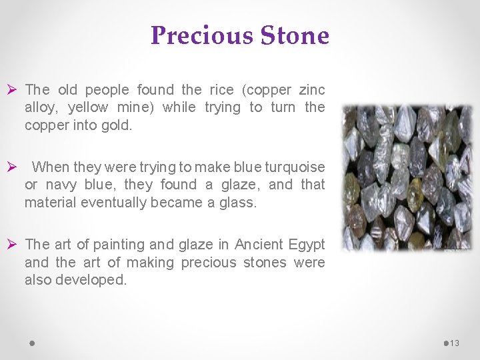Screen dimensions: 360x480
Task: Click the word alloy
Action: pyautogui.click(x=40, y=107)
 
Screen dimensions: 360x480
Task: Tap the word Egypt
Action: pyautogui.click(x=307, y=245)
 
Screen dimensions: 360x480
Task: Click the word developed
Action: pyautogui.click(x=91, y=280)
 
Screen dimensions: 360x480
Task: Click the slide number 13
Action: pyautogui.click(x=455, y=343)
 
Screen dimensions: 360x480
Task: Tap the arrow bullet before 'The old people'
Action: pyautogui.click(x=12, y=90)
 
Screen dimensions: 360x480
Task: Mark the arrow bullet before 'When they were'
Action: pyautogui.click(x=12, y=167)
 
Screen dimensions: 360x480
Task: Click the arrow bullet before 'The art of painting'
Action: pyautogui.click(x=12, y=245)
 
